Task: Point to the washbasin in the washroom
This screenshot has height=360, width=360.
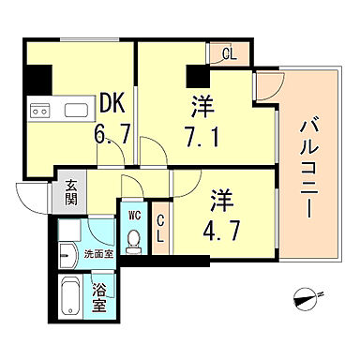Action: pos(67,253)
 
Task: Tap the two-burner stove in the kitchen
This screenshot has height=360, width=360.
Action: pos(39,110)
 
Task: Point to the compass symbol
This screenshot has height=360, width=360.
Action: pos(307,301)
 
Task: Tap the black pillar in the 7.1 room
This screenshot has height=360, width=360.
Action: pos(196,75)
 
